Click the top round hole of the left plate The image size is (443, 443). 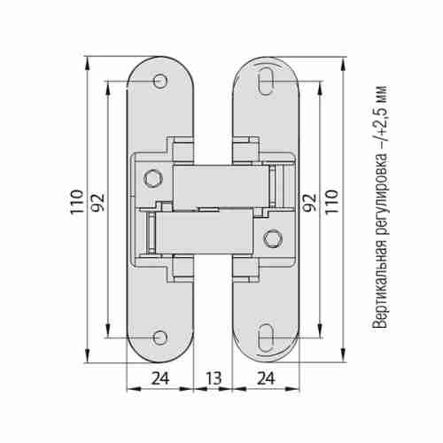pos(159,82)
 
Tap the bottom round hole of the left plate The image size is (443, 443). pos(159,338)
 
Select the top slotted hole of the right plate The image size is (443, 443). pos(266,82)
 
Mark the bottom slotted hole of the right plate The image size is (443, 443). pos(266,338)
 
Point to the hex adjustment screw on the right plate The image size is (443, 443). pos(272,238)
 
